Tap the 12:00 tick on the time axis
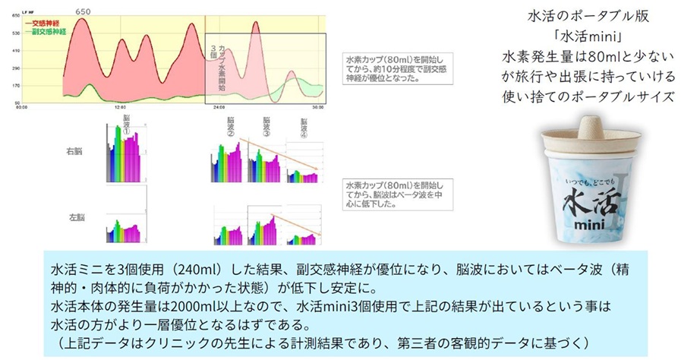[119, 107]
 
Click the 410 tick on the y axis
[15, 49]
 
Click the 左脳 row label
[74, 219]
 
